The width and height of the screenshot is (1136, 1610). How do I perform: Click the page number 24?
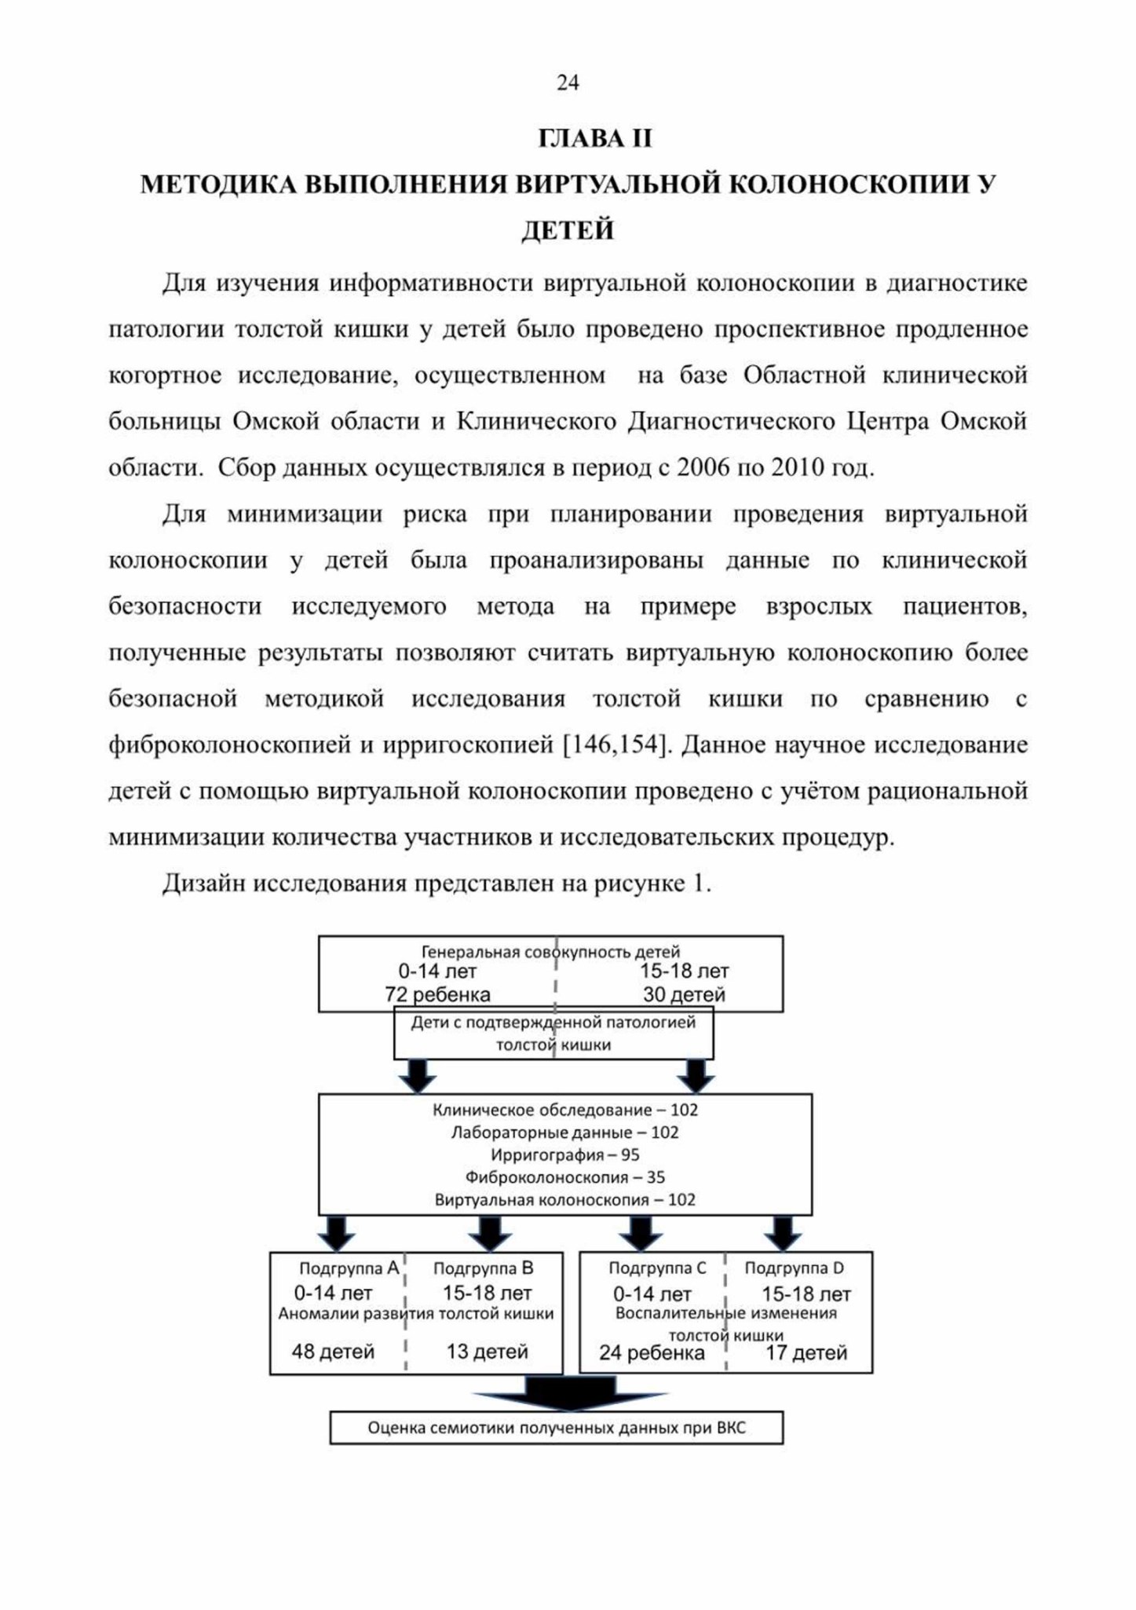point(568,82)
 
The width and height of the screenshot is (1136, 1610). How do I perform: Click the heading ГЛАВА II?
point(595,138)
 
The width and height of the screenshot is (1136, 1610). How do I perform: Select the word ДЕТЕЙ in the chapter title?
point(568,230)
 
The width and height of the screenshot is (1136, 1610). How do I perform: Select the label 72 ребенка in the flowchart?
point(437,994)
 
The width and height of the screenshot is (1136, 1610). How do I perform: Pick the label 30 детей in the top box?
point(684,994)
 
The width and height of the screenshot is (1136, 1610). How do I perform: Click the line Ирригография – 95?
point(565,1154)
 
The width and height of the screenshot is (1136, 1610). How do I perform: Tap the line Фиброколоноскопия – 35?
point(565,1177)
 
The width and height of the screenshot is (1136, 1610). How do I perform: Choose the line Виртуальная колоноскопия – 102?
point(565,1200)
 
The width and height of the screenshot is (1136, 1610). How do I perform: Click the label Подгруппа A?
point(349,1268)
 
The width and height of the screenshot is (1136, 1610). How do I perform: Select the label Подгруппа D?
point(794,1268)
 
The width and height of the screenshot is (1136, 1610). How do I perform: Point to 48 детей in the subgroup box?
point(333,1352)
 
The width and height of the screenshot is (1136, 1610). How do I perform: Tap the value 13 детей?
point(487,1352)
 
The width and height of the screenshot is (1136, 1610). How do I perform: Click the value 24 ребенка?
point(652,1352)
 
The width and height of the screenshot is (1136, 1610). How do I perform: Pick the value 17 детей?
point(806,1352)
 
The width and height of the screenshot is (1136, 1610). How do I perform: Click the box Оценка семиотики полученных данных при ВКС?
point(556,1427)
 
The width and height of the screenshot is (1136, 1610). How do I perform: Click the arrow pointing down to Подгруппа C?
point(641,1233)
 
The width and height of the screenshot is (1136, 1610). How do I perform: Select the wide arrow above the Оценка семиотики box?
point(570,1392)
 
